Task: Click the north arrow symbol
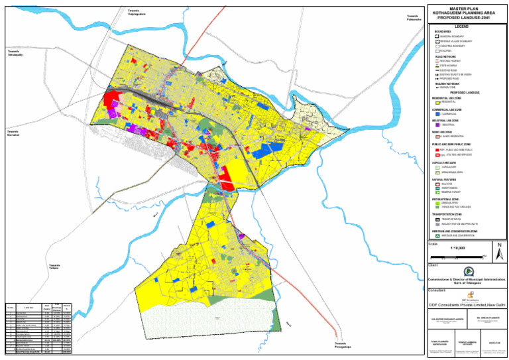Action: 498,249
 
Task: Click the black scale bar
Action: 457,255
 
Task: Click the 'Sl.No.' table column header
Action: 10,307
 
